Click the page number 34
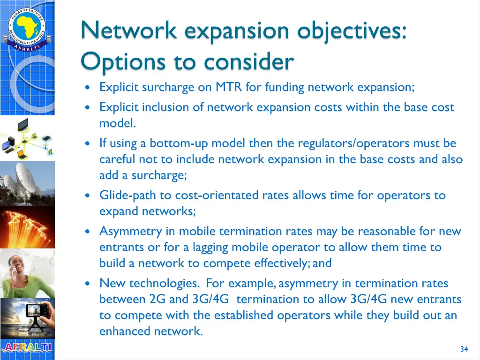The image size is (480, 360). tap(464, 349)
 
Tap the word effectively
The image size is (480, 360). tap(280, 263)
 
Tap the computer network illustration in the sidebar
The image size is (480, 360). tap(27, 138)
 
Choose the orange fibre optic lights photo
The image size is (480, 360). tap(27, 225)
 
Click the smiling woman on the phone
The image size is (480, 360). tap(27, 272)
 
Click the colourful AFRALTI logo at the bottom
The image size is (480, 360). tap(27, 347)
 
